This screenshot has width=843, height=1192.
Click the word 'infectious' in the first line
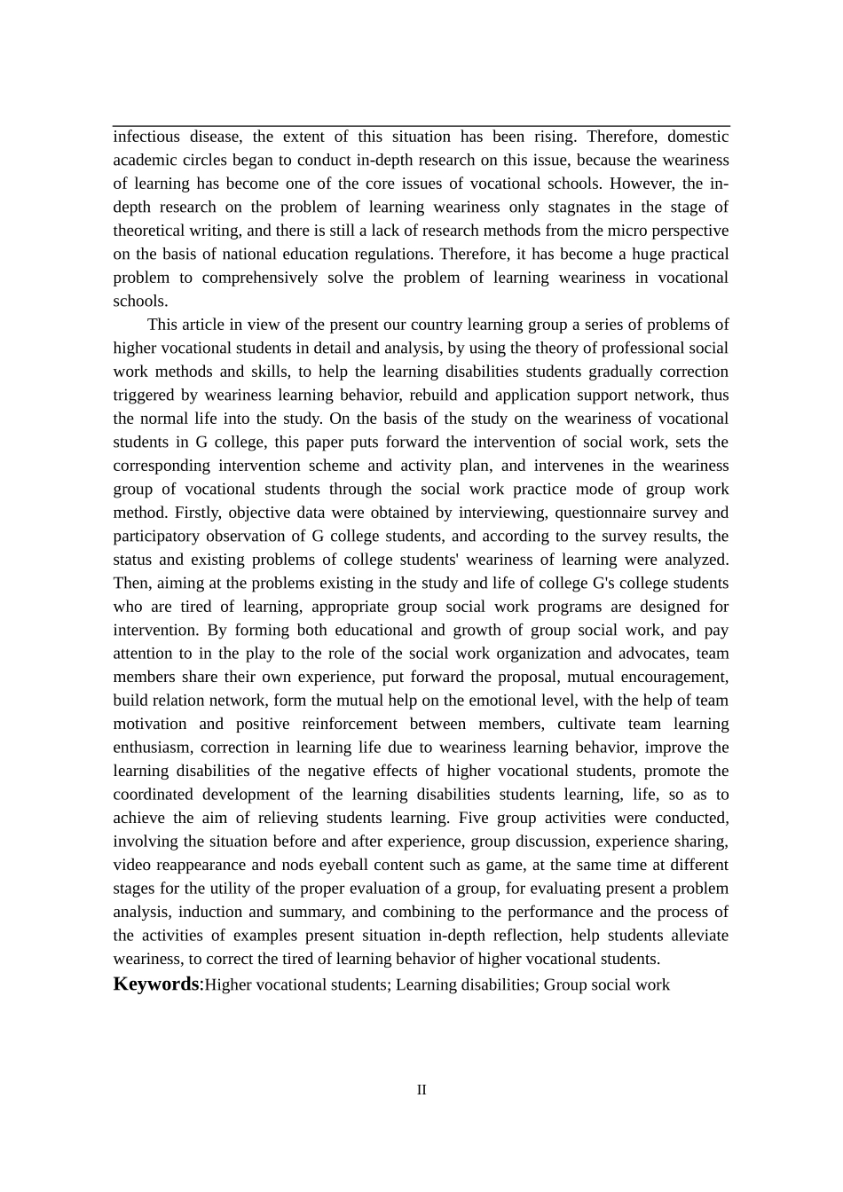pos(146,137)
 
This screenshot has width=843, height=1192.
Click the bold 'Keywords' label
pos(156,984)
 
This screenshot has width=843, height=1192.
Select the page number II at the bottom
pos(421,1090)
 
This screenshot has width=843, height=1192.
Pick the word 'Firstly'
pos(201,513)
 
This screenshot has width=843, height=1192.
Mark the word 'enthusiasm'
pos(152,748)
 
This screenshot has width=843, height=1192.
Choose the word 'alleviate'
pos(697,936)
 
